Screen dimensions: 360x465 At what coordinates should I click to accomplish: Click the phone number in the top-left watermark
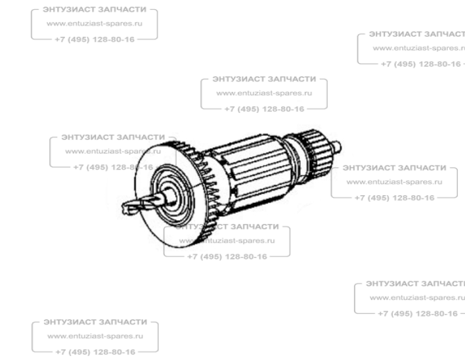tap(95, 37)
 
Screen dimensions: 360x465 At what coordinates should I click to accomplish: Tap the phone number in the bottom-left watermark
tap(95, 351)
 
